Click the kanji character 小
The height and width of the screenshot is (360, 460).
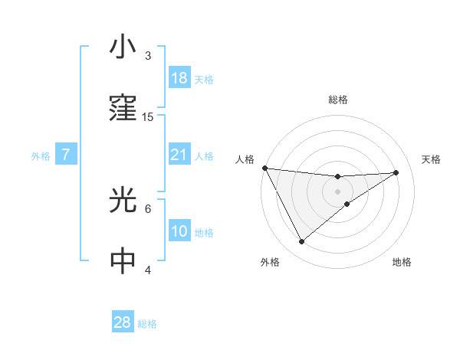tap(123, 47)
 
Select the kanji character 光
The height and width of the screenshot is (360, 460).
tap(123, 201)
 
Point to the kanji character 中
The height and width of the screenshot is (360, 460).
tap(123, 261)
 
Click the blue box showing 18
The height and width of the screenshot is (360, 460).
tap(179, 78)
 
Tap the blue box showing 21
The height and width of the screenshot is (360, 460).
tap(179, 155)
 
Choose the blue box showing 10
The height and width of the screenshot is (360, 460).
tap(179, 231)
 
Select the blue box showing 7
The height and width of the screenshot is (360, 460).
tap(66, 155)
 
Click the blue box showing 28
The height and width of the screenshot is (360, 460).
tap(123, 322)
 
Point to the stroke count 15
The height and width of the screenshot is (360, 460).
tap(148, 117)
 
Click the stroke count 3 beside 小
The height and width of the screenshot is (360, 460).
tap(148, 56)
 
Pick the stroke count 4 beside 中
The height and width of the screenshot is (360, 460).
tap(148, 270)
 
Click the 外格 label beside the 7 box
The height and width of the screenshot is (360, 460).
tap(41, 156)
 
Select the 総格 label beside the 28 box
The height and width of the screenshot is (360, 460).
tap(147, 324)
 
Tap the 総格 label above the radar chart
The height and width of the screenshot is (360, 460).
tap(338, 100)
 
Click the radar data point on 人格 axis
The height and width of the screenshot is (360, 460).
tap(264, 168)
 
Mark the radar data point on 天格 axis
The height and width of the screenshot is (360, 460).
tap(396, 172)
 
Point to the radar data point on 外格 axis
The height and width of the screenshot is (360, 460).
tap(301, 241)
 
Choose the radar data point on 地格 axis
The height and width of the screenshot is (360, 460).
tap(347, 204)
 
